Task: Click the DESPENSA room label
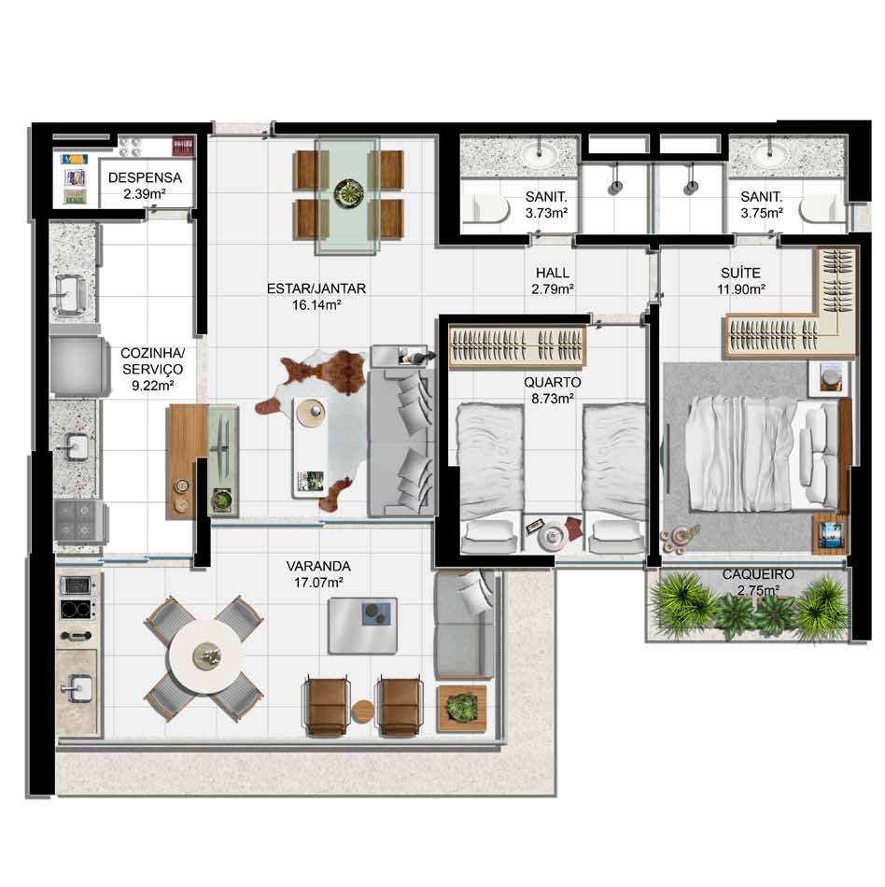[x=145, y=177]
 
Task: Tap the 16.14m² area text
[x=316, y=305]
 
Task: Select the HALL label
[x=553, y=274]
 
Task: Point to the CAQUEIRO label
[x=758, y=575]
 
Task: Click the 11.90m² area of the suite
[x=741, y=289]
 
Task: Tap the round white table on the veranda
[x=207, y=655]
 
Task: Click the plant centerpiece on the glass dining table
[x=346, y=193]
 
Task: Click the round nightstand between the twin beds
[x=553, y=535]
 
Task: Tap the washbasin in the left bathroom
[x=538, y=150]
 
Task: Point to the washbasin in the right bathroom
[x=769, y=150]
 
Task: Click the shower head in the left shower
[x=615, y=187]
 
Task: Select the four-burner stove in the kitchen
[x=76, y=521]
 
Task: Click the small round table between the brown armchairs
[x=362, y=711]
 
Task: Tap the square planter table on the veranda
[x=461, y=709]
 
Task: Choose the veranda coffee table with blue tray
[x=362, y=626]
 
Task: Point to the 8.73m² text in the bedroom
[x=553, y=399]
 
